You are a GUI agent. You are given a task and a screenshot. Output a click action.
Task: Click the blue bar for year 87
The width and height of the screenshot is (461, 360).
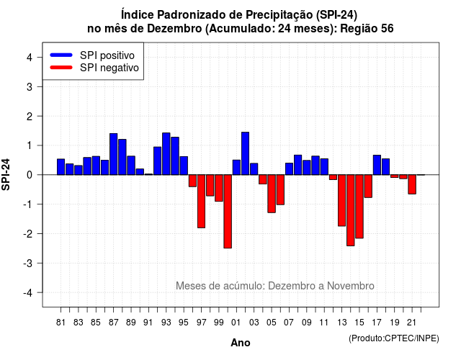click(114, 154)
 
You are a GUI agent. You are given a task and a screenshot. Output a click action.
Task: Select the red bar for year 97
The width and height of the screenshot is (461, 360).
click(202, 202)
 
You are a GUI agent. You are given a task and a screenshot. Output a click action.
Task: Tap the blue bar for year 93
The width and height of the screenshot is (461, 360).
click(166, 153)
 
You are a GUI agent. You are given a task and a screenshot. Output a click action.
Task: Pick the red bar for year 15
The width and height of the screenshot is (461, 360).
click(359, 207)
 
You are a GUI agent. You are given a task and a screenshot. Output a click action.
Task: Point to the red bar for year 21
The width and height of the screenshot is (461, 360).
click(412, 184)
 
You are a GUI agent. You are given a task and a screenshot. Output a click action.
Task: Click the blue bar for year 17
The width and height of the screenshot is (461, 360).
click(377, 165)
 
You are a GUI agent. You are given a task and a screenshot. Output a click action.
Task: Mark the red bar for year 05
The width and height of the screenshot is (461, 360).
click(272, 194)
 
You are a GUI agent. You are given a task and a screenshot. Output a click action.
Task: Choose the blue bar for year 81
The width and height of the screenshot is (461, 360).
click(61, 167)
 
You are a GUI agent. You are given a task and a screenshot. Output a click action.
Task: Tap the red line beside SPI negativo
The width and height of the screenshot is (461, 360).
click(61, 68)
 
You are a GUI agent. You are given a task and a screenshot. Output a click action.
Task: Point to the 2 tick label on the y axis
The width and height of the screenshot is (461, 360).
click(30, 117)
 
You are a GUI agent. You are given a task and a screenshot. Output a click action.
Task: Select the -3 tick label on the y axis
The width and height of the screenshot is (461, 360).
click(27, 264)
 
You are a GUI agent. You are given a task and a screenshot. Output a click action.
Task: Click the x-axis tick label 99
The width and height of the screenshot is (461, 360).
click(219, 323)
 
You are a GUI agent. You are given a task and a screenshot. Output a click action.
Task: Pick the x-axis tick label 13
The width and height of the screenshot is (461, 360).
click(341, 323)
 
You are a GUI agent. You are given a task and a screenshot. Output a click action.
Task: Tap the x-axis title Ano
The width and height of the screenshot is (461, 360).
click(241, 343)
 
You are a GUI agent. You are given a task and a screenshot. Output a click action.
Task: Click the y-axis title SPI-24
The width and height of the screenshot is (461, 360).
click(6, 174)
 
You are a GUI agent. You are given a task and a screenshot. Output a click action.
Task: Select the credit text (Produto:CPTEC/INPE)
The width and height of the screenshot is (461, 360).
click(394, 338)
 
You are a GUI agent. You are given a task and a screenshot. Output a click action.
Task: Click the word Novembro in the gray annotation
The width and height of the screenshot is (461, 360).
click(351, 286)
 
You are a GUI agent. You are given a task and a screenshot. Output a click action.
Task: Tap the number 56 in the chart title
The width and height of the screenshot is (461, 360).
click(388, 29)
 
